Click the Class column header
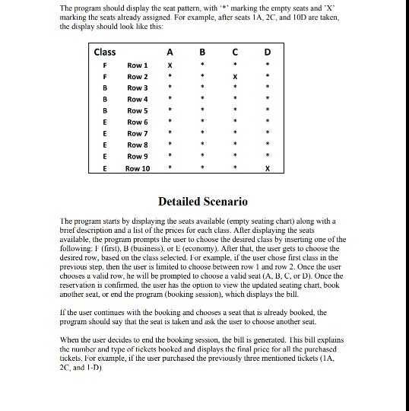click(104, 53)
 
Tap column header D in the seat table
click(267, 53)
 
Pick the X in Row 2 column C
click(236, 77)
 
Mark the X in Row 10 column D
click(267, 167)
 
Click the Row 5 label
click(138, 111)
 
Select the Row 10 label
click(139, 168)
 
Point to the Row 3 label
click(138, 88)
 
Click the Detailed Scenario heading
click(202, 202)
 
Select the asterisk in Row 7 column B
click(202, 133)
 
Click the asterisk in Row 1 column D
click(267, 66)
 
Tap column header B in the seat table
click(202, 53)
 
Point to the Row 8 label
click(138, 145)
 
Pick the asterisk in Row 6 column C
click(236, 122)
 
